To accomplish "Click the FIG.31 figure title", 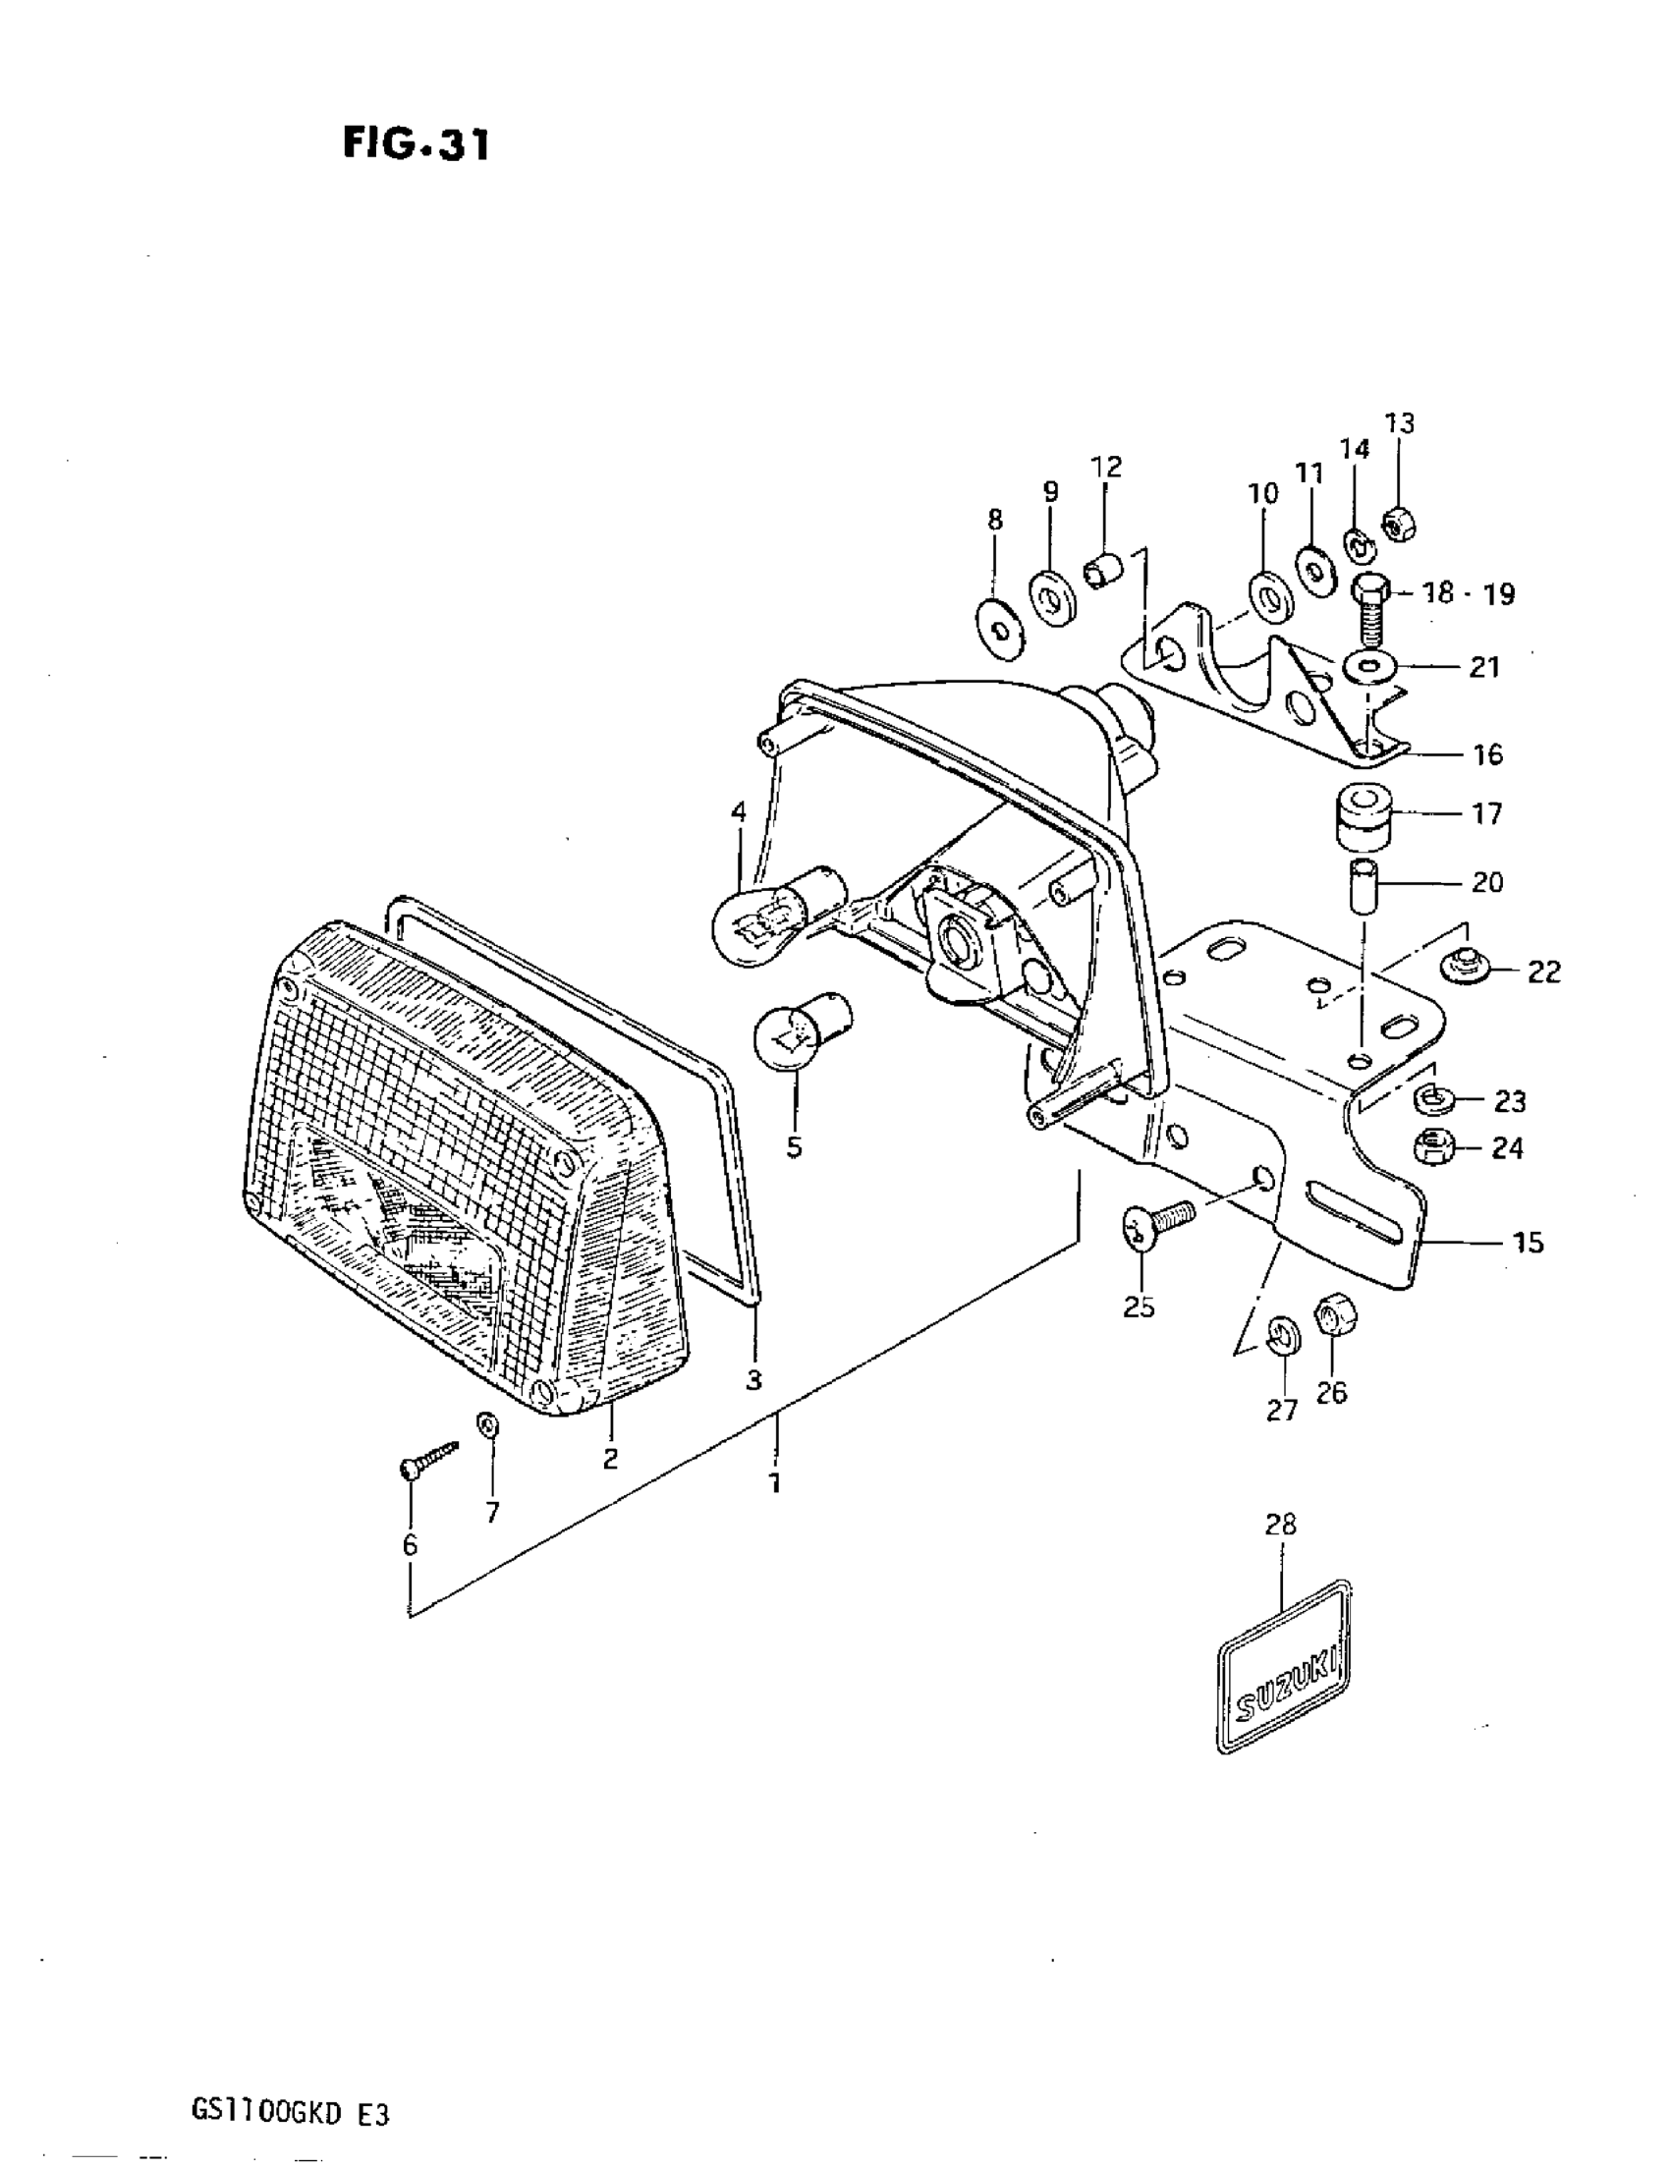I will click(x=416, y=145).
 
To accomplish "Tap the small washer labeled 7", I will click(x=488, y=1426).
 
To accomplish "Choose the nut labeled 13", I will click(x=1399, y=525).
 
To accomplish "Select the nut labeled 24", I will click(x=1430, y=1147).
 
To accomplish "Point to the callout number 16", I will click(x=1487, y=754).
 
